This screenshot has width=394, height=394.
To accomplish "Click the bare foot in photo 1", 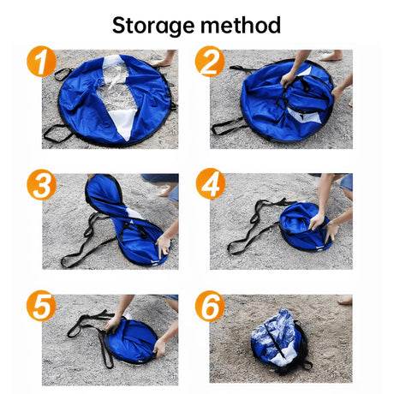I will point(163,60).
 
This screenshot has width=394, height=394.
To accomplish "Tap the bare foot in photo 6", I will point(343,301).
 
